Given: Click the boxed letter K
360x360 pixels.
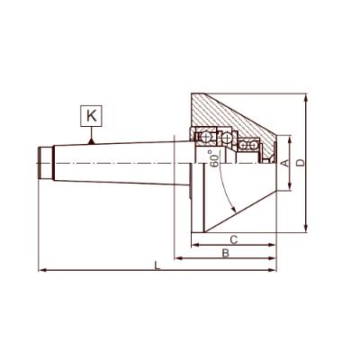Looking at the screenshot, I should pos(93,115).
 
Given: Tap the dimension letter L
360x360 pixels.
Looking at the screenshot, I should pos(158,265).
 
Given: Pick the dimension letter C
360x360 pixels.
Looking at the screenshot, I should pos(233,239).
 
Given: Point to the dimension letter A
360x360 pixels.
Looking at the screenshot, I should pos(284,163).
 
